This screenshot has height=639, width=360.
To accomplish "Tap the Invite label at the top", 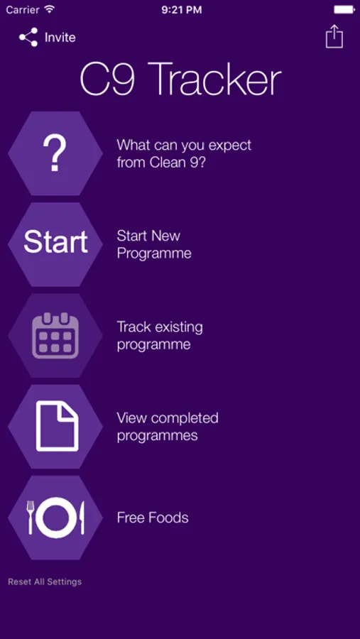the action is click(60, 38).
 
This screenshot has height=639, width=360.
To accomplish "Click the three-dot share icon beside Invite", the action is click(28, 37).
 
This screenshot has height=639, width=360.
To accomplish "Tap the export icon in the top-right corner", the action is click(334, 36).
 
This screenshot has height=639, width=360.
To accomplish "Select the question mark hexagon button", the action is click(55, 153).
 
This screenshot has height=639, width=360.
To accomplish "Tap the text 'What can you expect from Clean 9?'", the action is click(185, 153).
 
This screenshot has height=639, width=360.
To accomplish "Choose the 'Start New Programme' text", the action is click(154, 244).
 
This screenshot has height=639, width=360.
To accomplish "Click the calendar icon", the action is click(55, 335).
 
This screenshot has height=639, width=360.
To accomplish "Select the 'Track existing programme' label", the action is click(160, 335).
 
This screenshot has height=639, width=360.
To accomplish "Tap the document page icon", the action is click(57, 426).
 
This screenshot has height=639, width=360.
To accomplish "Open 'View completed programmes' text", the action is click(168, 426).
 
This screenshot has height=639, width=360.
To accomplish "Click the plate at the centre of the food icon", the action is click(56, 518).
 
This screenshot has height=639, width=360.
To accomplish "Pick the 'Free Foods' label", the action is click(153, 518).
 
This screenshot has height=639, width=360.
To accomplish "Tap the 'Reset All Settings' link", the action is click(45, 581).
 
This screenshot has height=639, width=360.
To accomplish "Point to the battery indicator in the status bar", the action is click(344, 9).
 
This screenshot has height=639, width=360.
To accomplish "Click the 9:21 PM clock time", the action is click(182, 10).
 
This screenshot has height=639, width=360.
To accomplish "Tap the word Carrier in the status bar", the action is click(23, 10).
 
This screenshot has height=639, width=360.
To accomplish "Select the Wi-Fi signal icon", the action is click(49, 9).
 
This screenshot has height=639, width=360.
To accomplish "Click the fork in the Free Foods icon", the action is click(30, 517).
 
